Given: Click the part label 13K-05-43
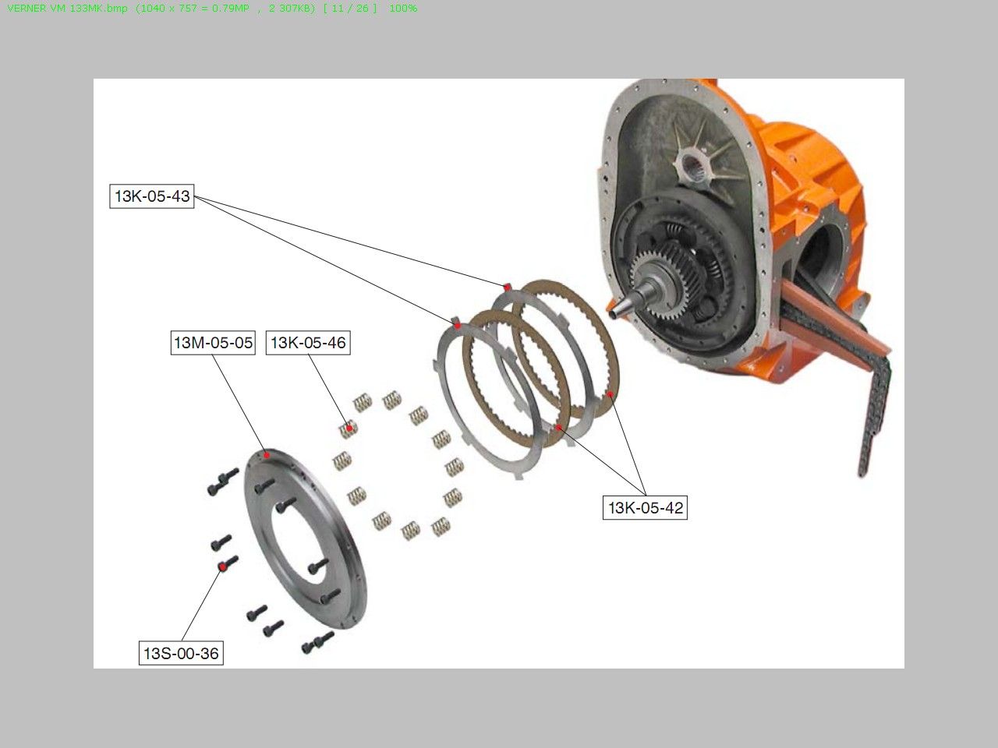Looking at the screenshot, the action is point(152,196).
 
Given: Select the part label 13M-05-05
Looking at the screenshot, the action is point(213,342).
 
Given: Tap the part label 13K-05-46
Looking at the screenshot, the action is point(308,342).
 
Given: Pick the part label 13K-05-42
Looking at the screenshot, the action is point(645,508).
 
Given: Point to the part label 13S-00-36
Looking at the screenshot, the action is point(181,653).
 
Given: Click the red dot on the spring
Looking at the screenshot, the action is point(349,428).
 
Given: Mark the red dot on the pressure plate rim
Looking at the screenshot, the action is point(267,455).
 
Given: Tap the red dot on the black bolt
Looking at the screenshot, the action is point(222,567).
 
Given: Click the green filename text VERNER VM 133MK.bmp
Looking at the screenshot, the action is point(67,8).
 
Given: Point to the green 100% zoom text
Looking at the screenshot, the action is point(403,8).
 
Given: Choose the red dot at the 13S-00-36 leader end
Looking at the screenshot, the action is point(222,567).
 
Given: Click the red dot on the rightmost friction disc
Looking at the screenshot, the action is point(610,394).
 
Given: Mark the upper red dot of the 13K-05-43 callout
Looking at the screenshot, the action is point(507,287).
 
